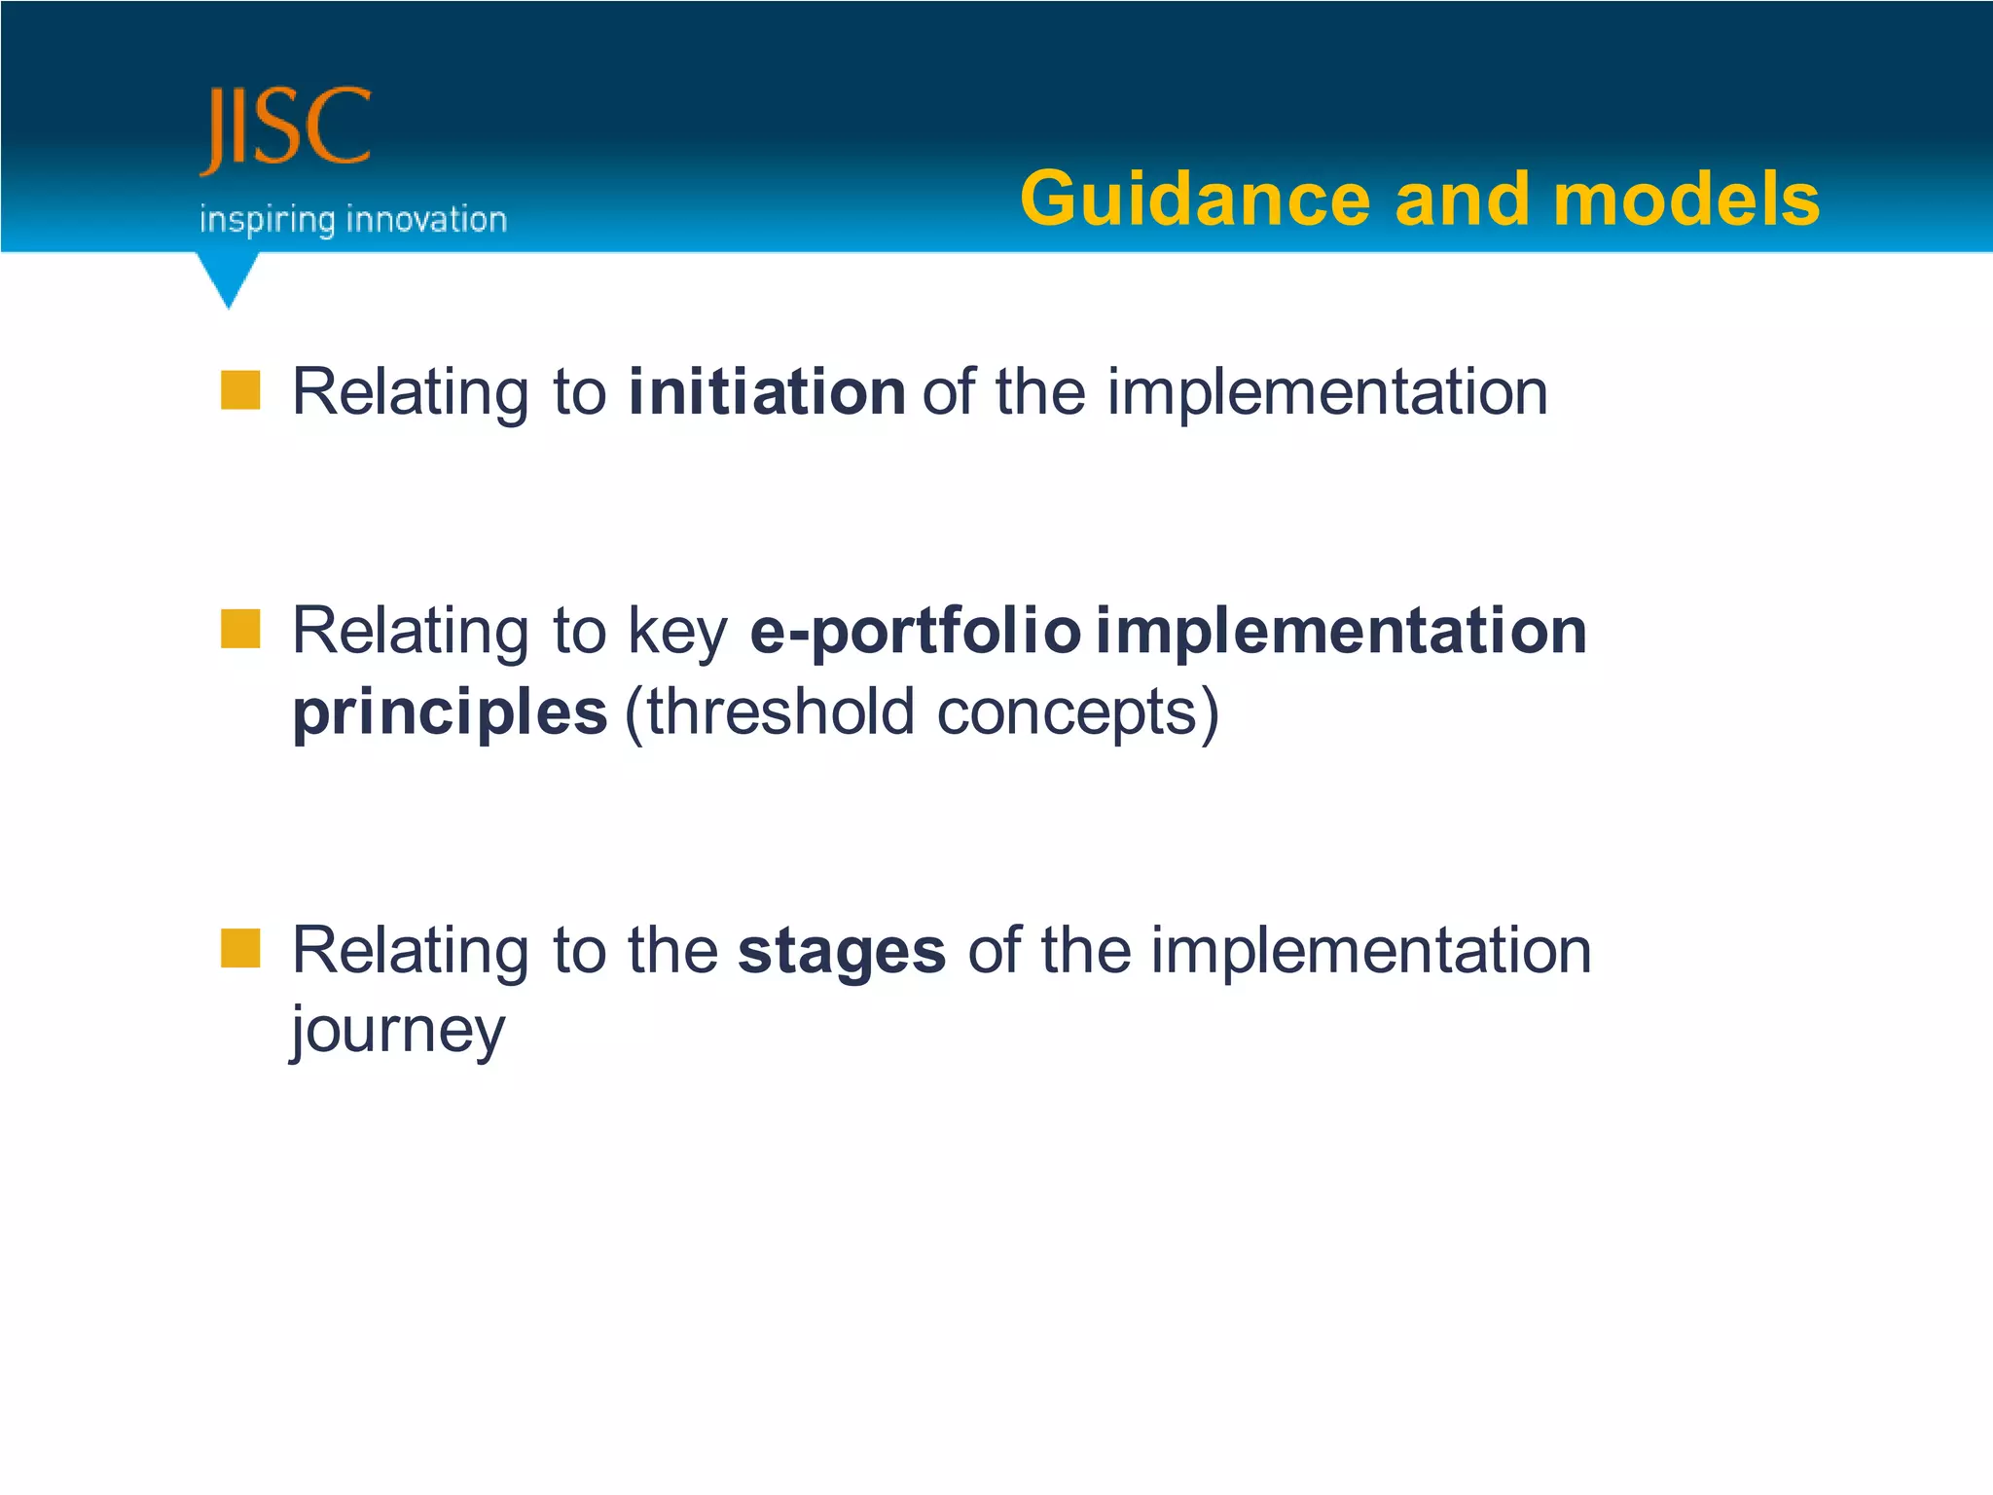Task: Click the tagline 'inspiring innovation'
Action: click(353, 220)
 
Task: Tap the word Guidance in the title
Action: click(1195, 200)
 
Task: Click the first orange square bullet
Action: click(240, 390)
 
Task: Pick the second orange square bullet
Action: click(240, 629)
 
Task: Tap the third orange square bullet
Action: click(240, 948)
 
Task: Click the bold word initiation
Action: click(767, 391)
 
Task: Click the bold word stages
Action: click(841, 952)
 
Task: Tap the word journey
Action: click(399, 1032)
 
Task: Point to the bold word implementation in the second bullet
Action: click(1341, 631)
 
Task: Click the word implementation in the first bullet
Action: click(1326, 391)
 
